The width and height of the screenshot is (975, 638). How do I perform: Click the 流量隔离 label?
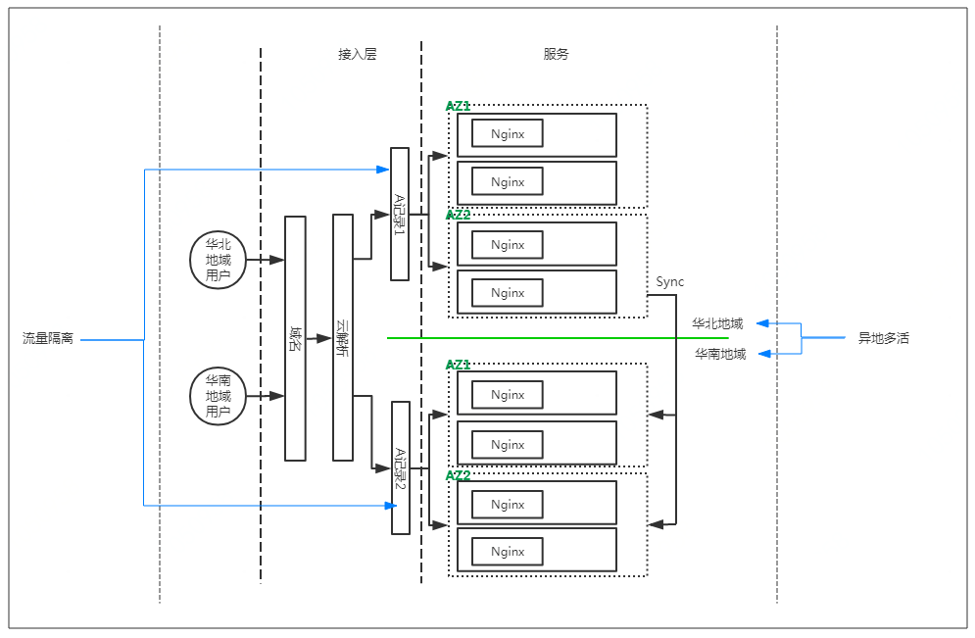48,339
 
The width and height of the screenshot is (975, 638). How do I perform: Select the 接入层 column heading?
358,55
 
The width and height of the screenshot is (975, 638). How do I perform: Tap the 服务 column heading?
556,55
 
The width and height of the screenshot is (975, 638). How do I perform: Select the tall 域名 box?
295,338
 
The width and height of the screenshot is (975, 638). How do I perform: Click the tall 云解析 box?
342,338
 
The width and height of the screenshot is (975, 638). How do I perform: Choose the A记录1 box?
400,214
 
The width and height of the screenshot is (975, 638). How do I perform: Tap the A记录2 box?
401,467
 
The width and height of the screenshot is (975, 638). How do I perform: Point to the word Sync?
670,282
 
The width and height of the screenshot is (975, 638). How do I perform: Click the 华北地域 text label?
717,323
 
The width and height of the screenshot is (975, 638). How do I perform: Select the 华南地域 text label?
720,354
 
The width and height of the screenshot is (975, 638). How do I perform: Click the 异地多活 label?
884,339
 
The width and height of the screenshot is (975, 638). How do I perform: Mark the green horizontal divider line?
559,338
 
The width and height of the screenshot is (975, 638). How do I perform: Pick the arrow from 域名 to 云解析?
318,338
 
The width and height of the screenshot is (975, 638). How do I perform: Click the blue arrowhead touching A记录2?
390,506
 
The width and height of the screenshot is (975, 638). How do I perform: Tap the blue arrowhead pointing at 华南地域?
767,354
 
